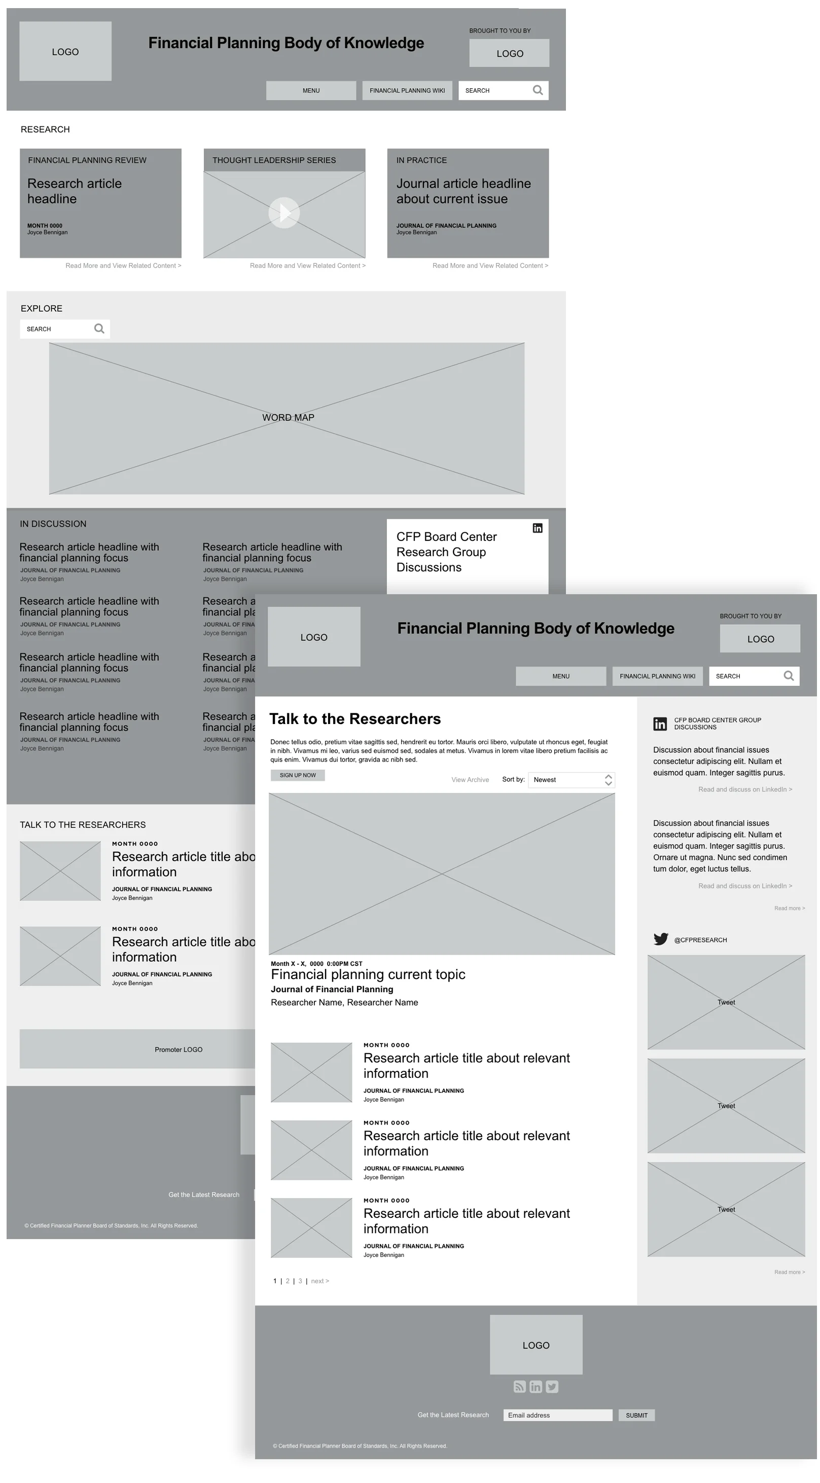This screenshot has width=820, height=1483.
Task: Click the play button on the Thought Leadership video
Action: coord(284,213)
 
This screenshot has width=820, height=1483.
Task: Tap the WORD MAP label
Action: coord(288,417)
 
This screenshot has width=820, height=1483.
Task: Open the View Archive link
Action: coord(470,779)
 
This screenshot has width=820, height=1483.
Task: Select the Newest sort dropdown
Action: coord(571,779)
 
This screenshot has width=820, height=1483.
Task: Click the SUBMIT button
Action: coord(636,1415)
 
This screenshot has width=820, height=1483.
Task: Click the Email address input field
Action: coord(557,1415)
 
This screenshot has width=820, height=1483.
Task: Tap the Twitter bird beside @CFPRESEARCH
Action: coord(660,939)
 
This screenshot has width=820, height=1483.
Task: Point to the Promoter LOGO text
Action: coord(179,1050)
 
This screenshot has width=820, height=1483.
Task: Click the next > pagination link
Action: coord(320,1281)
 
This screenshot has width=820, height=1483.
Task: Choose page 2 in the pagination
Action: coord(288,1281)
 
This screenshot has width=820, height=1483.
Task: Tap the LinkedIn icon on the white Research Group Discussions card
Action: coord(537,528)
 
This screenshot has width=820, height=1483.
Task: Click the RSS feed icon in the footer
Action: coord(519,1387)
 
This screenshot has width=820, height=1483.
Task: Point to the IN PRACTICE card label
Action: coord(421,160)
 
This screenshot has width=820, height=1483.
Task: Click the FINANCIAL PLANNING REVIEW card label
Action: coord(87,160)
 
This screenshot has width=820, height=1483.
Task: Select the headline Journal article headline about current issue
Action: coord(464,191)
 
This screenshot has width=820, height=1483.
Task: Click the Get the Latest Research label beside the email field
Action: coord(453,1415)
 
